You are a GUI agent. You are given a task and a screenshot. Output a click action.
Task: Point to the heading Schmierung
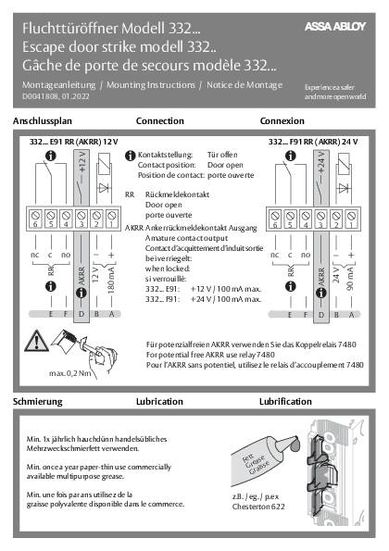pyautogui.click(x=37, y=379)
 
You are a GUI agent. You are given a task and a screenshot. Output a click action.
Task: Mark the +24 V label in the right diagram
pyautogui.click(x=320, y=169)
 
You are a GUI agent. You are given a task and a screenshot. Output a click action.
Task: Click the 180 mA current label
pyautogui.click(x=112, y=275)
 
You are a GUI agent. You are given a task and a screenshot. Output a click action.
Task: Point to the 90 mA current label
pyautogui.click(x=350, y=275)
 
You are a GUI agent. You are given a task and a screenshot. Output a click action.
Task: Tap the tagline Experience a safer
pyautogui.click(x=335, y=85)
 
